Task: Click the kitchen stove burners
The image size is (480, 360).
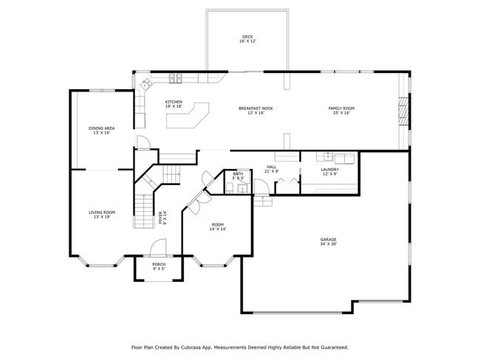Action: tap(176, 78)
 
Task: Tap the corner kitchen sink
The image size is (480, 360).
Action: tap(145, 83)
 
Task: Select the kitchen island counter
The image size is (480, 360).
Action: tap(188, 115)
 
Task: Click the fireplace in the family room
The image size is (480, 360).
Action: tap(403, 111)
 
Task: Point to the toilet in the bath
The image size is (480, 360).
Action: tap(230, 187)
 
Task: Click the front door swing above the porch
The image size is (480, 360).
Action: tap(158, 247)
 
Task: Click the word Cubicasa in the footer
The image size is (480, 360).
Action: tap(190, 347)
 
